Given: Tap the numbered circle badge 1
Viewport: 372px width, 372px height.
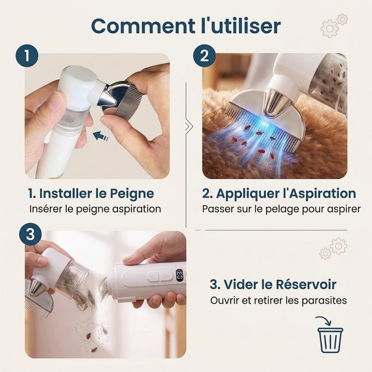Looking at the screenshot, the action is pyautogui.click(x=27, y=56).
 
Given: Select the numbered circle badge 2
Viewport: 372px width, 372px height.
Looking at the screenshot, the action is pyautogui.click(x=204, y=56).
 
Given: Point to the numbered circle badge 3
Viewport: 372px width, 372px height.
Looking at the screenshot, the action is pyautogui.click(x=30, y=234).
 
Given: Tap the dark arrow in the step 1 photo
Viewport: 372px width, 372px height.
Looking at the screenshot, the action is pyautogui.click(x=100, y=136).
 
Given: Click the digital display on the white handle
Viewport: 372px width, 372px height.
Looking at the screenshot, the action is pyautogui.click(x=179, y=275).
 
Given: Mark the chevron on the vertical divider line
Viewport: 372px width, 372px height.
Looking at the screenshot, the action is pyautogui.click(x=189, y=126).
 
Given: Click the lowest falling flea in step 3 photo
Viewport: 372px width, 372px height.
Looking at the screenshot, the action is pyautogui.click(x=94, y=350).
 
